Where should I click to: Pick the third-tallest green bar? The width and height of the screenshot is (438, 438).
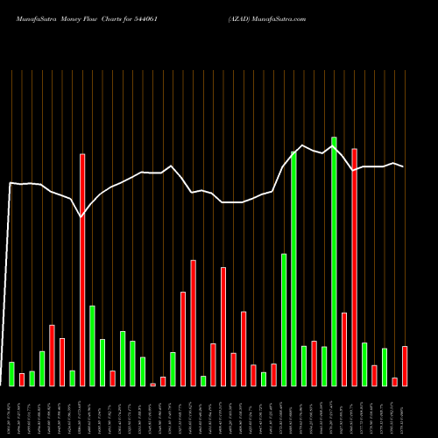284,320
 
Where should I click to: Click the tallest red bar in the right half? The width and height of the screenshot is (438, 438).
354,267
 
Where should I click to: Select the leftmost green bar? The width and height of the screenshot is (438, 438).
11,373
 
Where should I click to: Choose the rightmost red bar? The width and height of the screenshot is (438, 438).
405,365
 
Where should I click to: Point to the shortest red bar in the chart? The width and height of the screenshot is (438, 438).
152,384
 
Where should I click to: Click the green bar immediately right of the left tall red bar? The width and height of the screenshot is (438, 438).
92,345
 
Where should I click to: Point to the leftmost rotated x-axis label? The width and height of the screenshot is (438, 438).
11,412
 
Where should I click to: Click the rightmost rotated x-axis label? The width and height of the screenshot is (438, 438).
405,412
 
